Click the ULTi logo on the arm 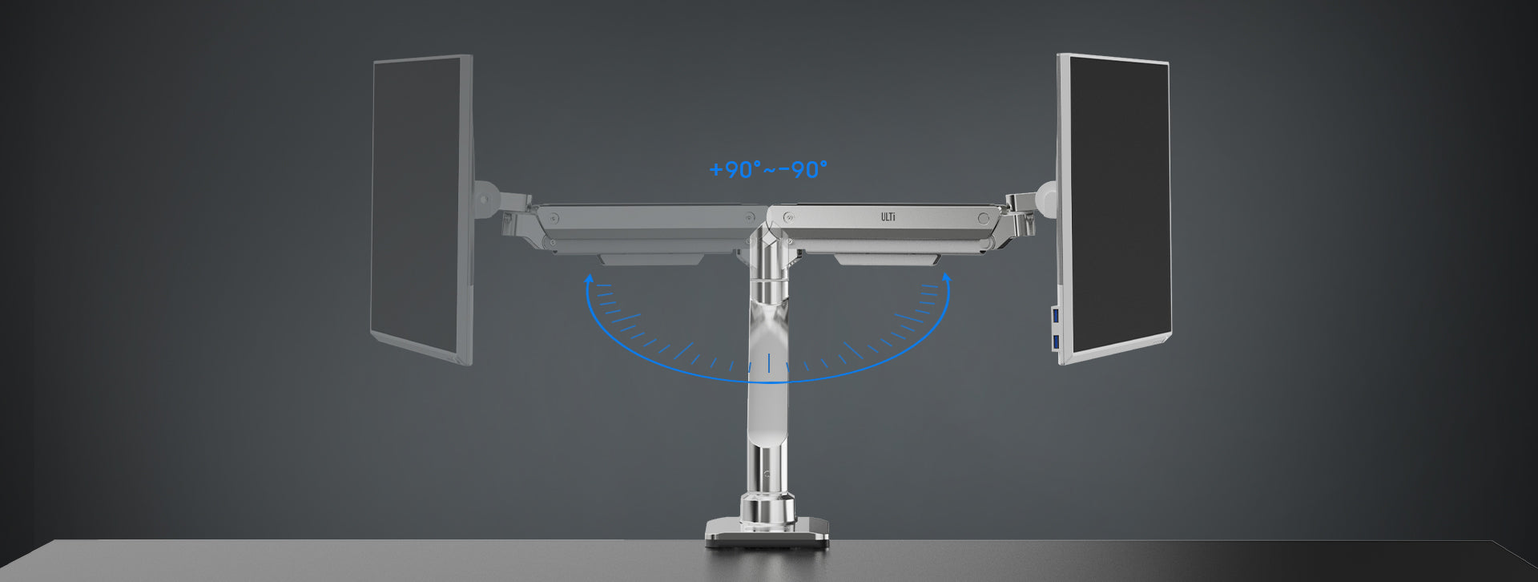[888, 217]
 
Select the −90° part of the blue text [803, 170]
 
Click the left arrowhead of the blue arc [589, 278]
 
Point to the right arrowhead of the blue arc [947, 278]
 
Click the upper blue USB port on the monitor [1056, 316]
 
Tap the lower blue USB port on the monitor [1056, 343]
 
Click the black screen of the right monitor [1119, 205]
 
